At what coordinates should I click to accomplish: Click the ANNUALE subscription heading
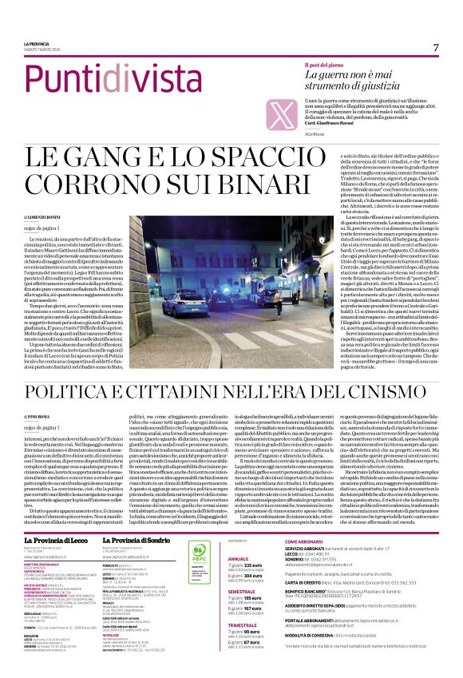click(x=239, y=537)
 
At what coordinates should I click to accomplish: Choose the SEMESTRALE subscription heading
click(x=243, y=590)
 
